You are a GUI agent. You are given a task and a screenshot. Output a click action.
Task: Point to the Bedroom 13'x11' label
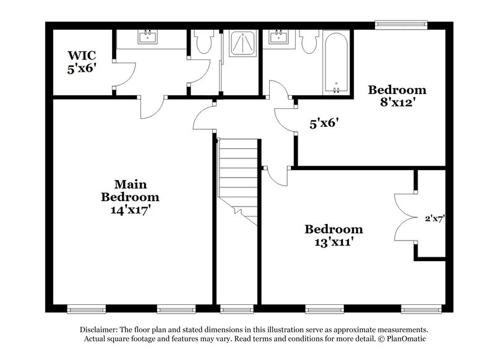coord(334,236)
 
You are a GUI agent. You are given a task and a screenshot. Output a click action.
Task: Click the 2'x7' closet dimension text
coord(435,218)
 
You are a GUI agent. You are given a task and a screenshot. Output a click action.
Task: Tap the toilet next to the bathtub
coord(308,43)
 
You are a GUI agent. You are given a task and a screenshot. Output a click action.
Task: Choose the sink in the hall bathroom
coord(277,38)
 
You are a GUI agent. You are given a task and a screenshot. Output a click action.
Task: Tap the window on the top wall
coord(401,25)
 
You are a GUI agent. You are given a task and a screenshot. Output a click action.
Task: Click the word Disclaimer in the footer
coord(100,330)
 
